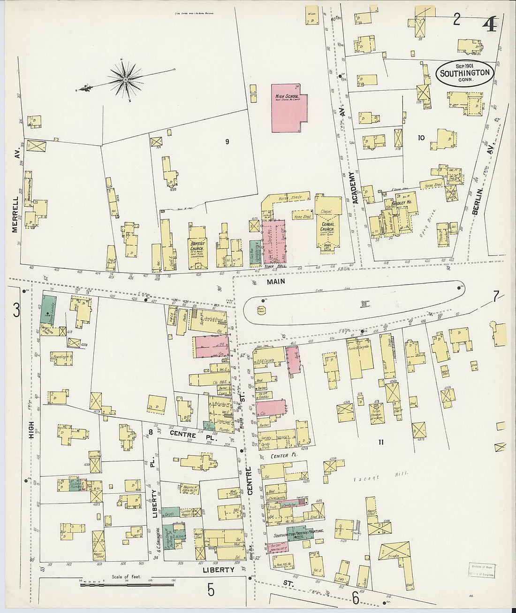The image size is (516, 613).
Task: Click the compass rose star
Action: coord(126,80)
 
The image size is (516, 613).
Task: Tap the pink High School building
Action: coord(288,109)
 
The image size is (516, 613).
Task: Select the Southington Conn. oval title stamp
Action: coord(464,73)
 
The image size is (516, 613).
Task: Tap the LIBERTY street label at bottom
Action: coord(219,570)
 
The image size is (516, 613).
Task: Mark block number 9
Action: coord(227,141)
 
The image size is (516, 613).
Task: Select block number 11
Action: coord(381,442)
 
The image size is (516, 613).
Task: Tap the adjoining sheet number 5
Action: coord(211,590)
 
